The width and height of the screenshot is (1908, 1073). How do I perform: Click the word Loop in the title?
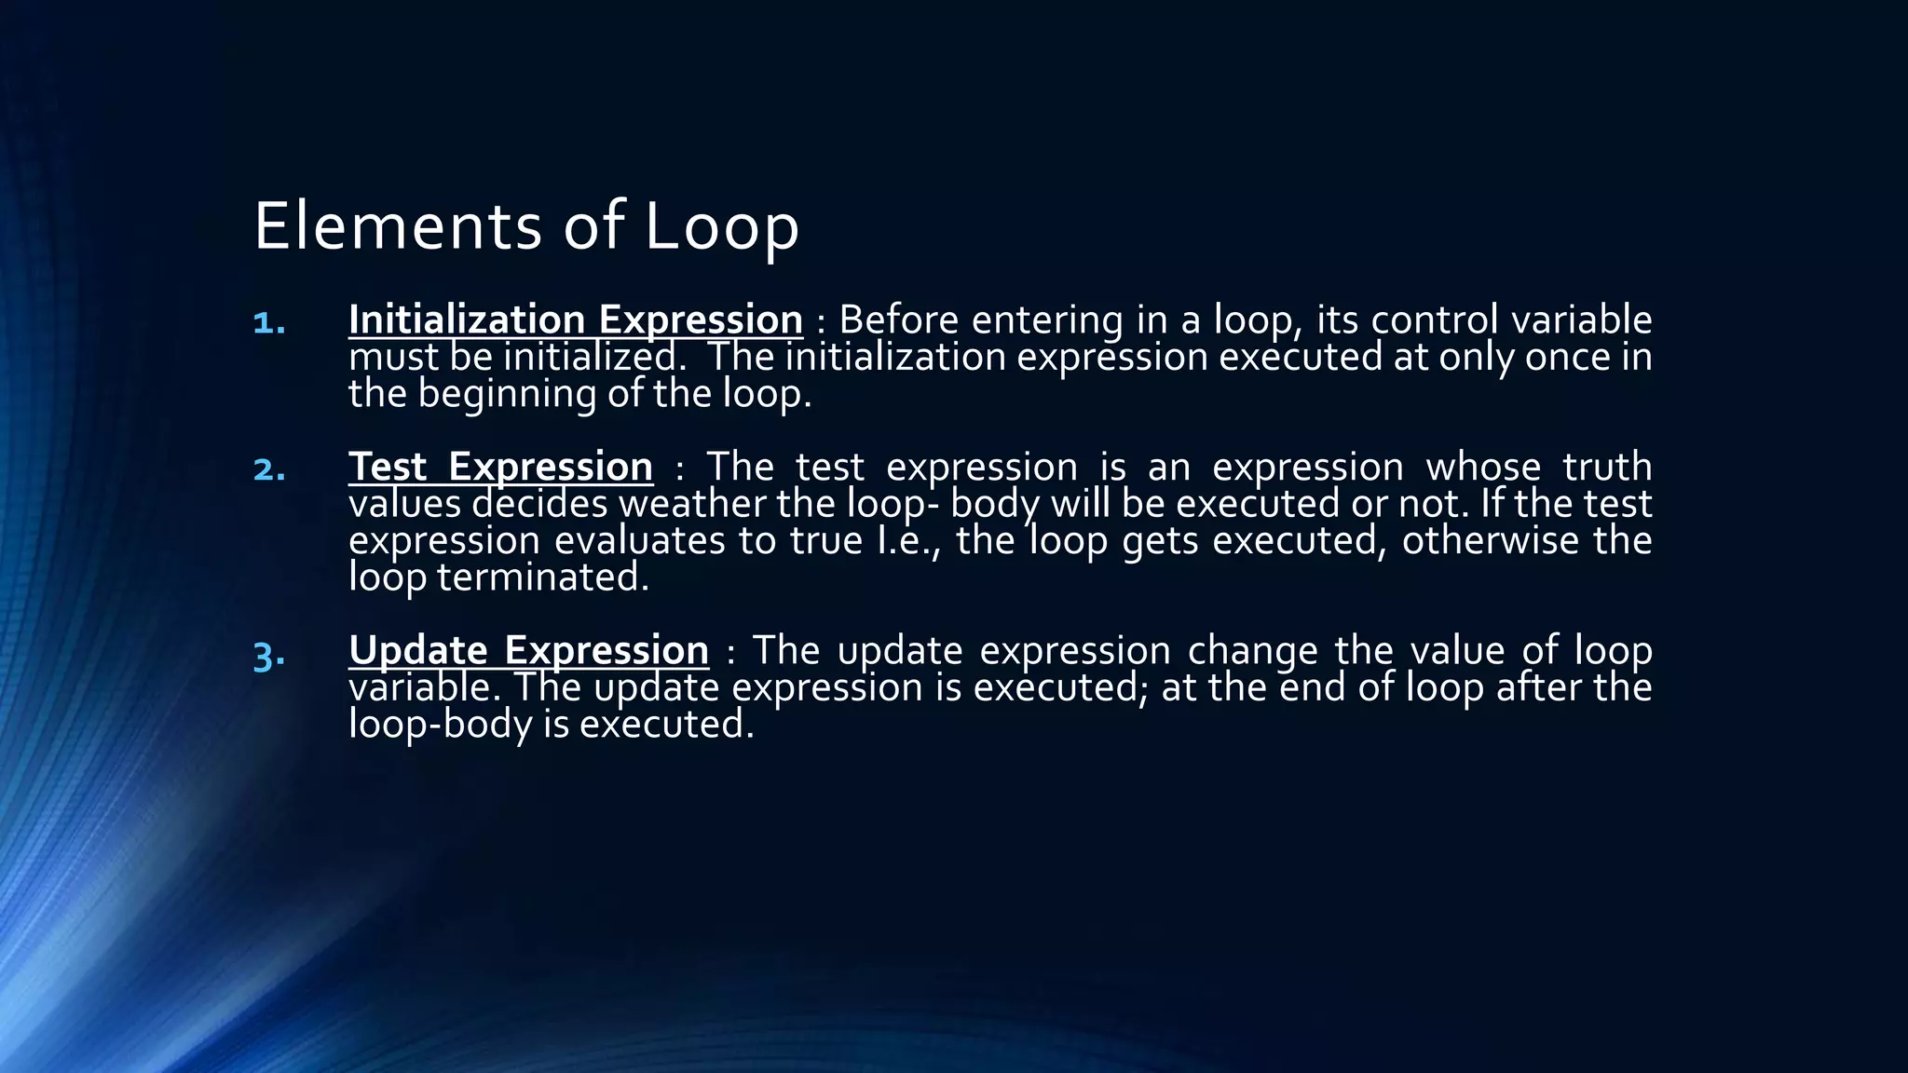coord(721,226)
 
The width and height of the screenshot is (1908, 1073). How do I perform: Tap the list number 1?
coord(269,322)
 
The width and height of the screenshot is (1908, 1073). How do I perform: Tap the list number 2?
coord(269,469)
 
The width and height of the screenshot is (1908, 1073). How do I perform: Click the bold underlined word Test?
coord(388,467)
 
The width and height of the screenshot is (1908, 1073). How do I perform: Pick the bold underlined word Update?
coord(418,650)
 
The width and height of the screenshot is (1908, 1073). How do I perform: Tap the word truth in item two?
coord(1607,467)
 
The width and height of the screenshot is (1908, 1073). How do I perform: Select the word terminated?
coord(542,577)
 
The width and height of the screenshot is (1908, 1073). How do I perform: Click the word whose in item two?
coord(1483,467)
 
